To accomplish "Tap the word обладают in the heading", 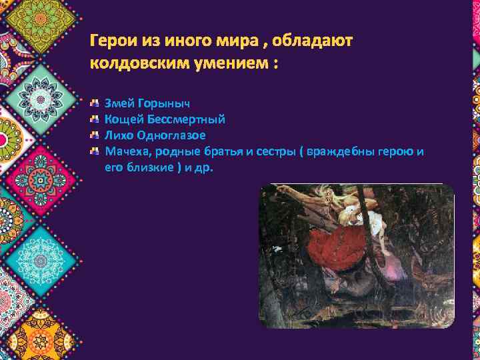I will coord(317,41).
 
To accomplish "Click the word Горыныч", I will coord(163,105).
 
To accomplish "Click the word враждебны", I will coord(340,151).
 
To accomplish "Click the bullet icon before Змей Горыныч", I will coord(95,105).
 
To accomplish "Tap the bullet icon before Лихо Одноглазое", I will coord(95,135).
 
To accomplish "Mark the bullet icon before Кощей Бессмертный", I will coord(95,120).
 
